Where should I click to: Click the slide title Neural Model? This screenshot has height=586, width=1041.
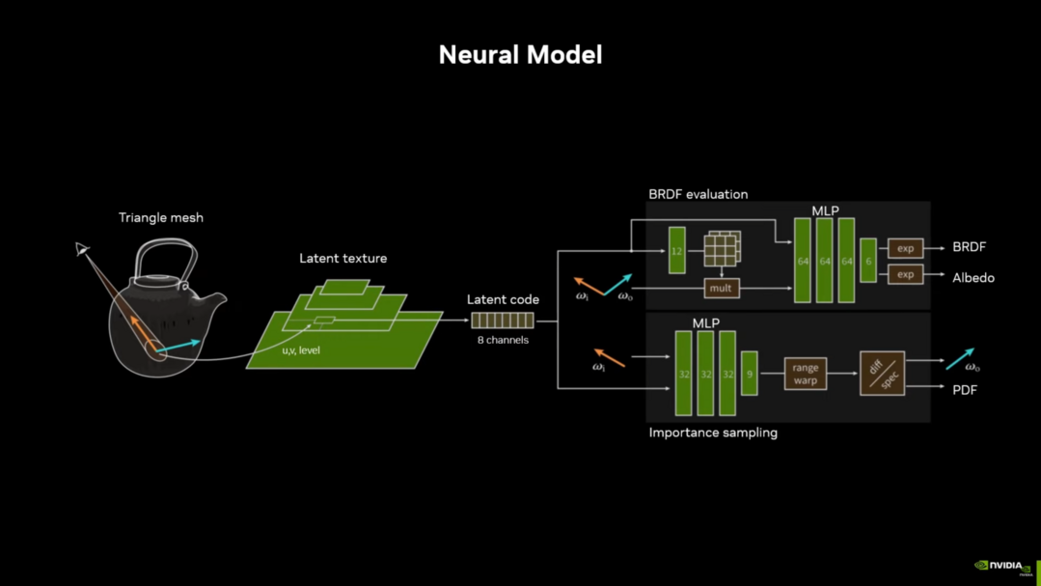point(520,55)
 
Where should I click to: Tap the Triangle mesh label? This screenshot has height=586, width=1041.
point(161,218)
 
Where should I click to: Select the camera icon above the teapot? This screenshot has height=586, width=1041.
point(83,250)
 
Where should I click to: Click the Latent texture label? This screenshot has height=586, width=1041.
point(342,259)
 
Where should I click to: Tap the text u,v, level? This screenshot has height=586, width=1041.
point(301,350)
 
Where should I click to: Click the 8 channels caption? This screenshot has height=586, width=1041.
point(503,340)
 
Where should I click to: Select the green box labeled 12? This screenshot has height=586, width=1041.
point(677,251)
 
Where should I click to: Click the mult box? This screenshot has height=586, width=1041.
point(721,288)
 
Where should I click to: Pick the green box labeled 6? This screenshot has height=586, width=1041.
point(868,261)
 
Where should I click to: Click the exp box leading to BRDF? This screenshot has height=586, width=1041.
point(905,248)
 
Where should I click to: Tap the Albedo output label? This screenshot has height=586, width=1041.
point(973,278)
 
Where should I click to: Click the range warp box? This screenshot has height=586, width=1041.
point(805,374)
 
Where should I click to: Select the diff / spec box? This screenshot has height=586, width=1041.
point(882,374)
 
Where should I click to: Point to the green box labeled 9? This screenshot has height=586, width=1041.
point(749,374)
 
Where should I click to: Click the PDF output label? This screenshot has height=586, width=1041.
point(965,390)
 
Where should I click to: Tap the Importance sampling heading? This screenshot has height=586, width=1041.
point(713,433)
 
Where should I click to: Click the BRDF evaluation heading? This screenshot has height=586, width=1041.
point(698,194)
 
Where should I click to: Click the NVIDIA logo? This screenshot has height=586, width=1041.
point(1003,567)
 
